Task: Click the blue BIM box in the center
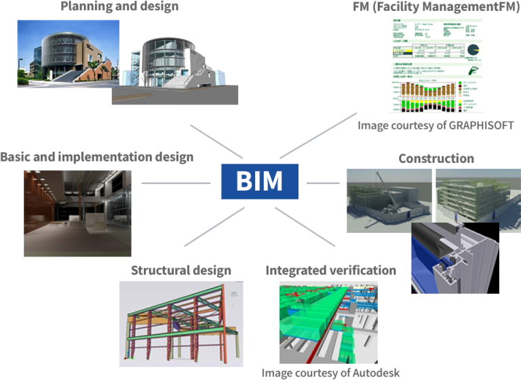click(260, 182)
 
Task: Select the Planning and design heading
click(119, 7)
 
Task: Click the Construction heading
click(436, 158)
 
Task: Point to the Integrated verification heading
click(330, 270)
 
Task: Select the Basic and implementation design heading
click(97, 157)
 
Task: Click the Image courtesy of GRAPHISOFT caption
click(436, 126)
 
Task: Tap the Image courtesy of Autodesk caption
click(330, 373)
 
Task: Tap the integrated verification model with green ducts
click(328, 322)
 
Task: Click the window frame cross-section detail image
click(454, 257)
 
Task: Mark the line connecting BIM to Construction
click(323, 183)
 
